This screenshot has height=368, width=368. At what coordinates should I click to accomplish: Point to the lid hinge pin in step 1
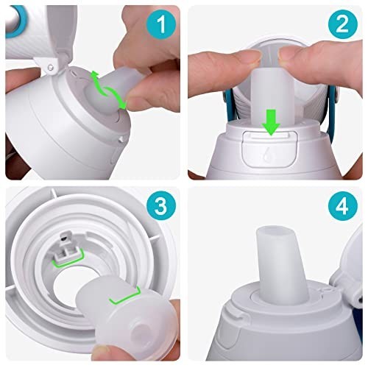point(52,68)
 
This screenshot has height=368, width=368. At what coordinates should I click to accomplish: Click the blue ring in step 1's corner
point(12,22)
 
